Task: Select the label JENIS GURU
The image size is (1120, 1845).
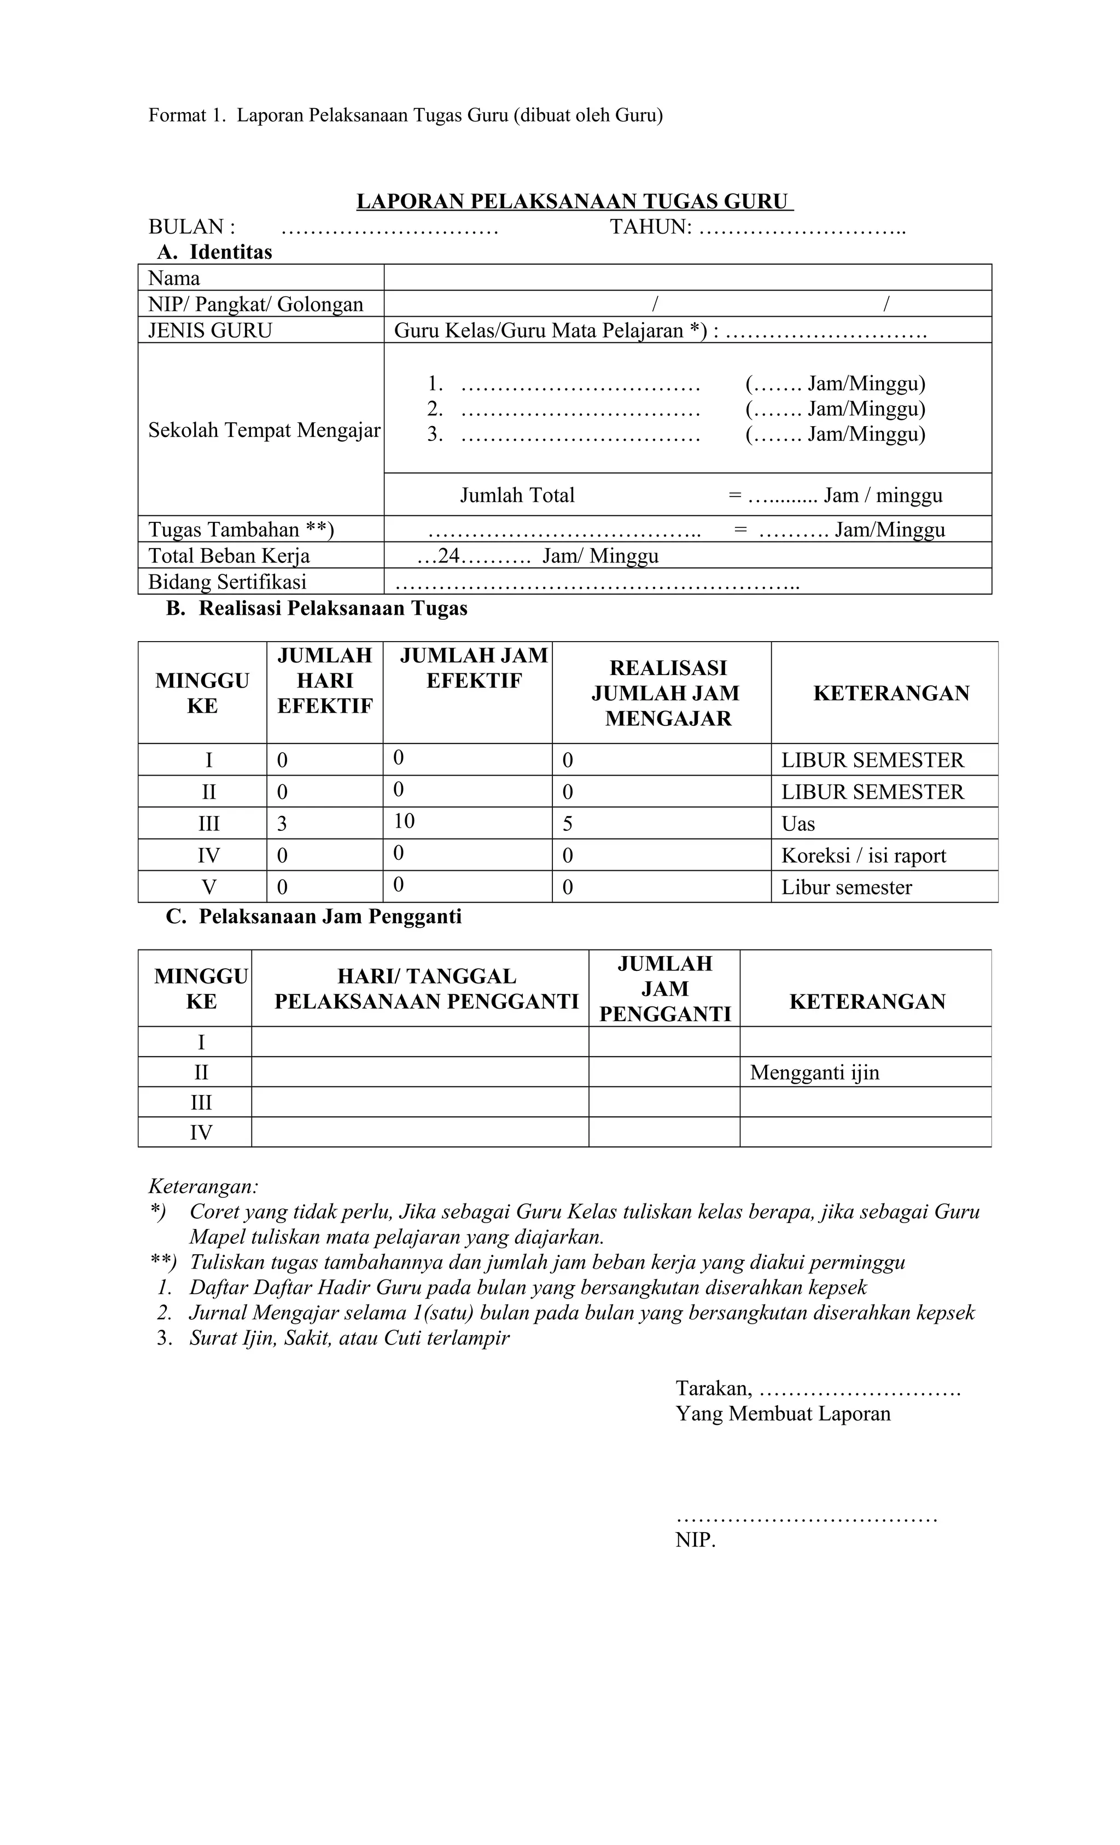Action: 211,330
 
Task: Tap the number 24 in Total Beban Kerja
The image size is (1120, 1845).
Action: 448,556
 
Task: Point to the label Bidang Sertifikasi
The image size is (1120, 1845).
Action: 227,582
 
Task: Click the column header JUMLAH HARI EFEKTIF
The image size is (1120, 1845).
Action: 324,680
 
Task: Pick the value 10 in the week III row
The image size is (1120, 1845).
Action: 404,822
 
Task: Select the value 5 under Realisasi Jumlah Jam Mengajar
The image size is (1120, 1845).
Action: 568,824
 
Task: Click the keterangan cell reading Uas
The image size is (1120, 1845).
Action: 798,824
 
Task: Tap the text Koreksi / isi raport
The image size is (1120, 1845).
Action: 863,855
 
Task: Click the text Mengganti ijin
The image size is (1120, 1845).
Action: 814,1072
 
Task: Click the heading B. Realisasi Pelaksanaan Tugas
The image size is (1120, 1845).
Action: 317,608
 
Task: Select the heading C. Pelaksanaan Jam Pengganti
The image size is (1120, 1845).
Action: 314,917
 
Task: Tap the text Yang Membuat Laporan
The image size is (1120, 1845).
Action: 783,1414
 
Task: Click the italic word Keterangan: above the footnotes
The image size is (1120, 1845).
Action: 203,1186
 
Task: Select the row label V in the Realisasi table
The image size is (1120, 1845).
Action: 209,887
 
